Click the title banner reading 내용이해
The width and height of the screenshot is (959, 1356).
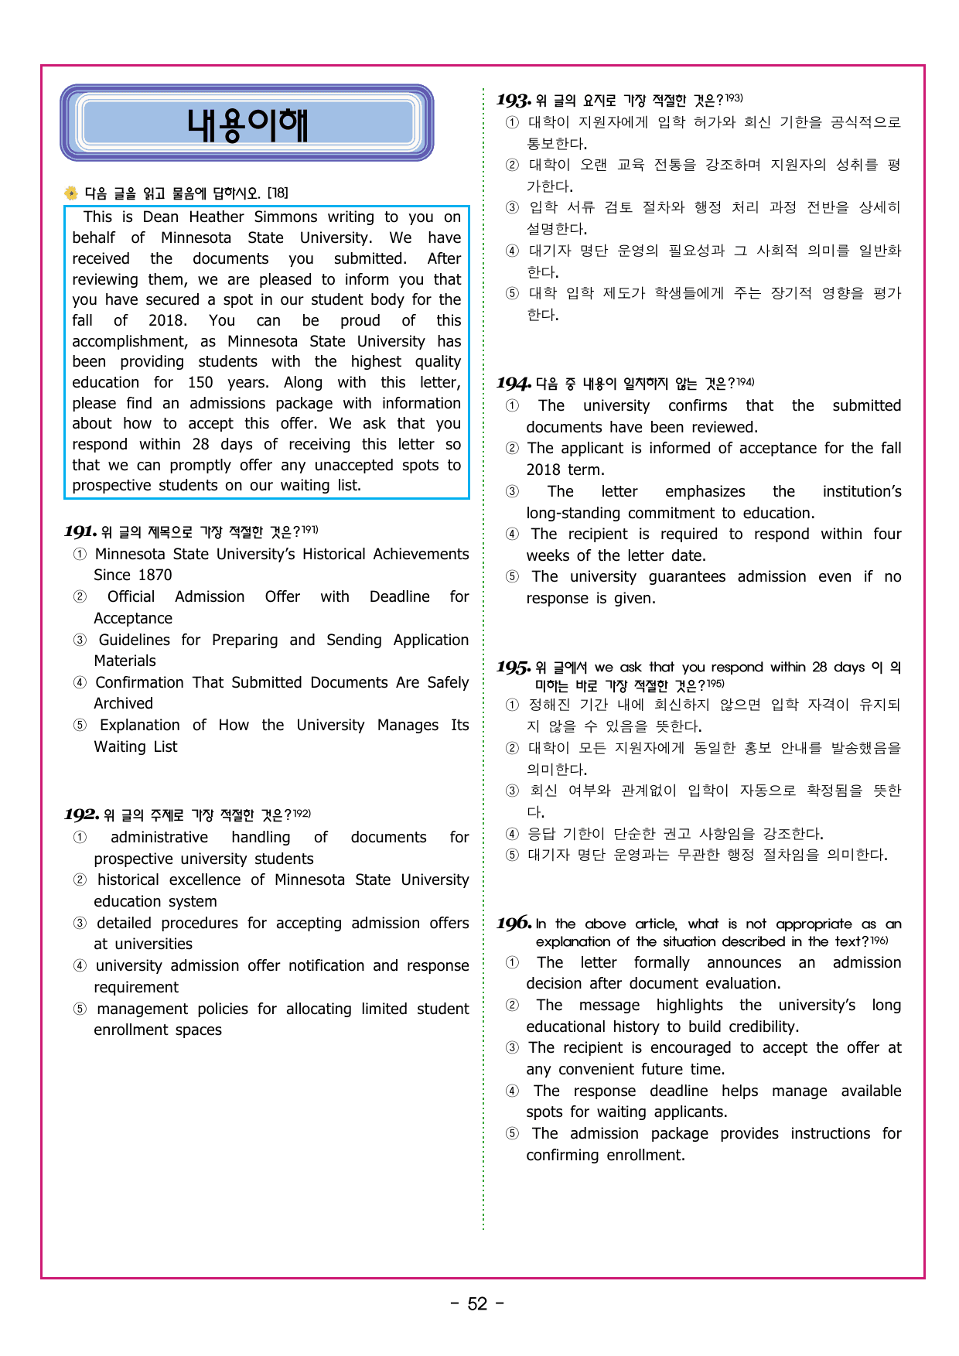[247, 124]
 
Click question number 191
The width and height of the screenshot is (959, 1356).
[80, 531]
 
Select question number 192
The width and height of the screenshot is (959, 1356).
[81, 815]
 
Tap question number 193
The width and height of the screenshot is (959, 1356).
[514, 100]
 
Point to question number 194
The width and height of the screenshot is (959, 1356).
[514, 383]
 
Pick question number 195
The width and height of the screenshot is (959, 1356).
[514, 667]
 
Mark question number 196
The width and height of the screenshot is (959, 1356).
[514, 924]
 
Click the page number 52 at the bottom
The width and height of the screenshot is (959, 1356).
[477, 1304]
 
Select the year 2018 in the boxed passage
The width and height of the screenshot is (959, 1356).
[167, 320]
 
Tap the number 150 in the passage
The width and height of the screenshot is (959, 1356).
[200, 382]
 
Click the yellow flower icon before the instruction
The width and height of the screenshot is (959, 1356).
[71, 193]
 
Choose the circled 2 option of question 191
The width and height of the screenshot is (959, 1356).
[80, 597]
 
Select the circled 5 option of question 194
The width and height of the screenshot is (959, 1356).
[512, 577]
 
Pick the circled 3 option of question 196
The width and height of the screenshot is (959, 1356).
[512, 1048]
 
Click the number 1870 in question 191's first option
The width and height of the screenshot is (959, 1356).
[154, 575]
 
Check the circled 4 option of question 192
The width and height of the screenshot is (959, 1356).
[80, 966]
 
